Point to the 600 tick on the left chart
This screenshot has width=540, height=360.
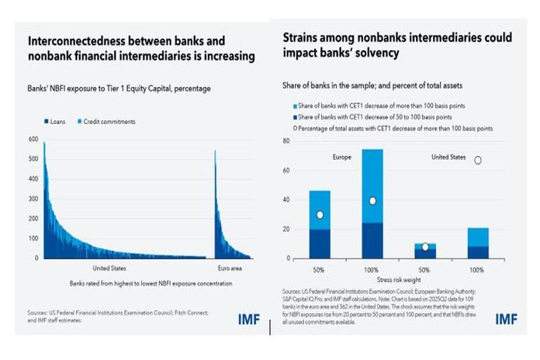[32, 140]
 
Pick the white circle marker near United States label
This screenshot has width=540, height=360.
[478, 160]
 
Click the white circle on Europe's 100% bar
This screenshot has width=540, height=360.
[372, 201]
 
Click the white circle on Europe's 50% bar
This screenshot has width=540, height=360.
[320, 215]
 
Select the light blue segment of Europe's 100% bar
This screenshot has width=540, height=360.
[372, 175]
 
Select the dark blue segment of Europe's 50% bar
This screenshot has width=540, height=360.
[320, 244]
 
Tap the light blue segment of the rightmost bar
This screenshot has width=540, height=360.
[478, 237]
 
